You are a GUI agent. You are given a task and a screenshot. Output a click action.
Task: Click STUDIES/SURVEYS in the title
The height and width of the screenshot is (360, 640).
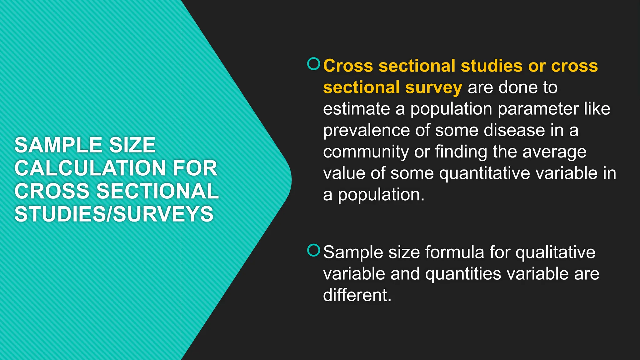[114, 214]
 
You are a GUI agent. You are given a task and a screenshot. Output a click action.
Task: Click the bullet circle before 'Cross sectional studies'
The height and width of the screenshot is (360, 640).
[314, 64]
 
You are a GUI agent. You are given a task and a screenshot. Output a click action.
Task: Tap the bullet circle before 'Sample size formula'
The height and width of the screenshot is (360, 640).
[314, 250]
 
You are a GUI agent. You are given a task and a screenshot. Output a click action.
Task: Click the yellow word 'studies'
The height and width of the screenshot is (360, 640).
[492, 66]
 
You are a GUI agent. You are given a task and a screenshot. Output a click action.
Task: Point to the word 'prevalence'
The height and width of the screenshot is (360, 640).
[366, 130]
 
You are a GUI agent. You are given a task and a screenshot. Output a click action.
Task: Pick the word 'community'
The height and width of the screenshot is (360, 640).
[366, 152]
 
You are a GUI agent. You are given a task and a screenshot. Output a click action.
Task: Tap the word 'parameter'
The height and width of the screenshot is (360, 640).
[538, 109]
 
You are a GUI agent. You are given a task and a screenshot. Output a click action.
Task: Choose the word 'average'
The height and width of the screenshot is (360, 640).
[554, 152]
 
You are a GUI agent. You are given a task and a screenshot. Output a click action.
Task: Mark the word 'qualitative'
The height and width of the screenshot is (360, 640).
[555, 252]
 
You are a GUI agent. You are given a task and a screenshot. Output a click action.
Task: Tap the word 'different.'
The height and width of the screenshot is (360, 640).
[357, 295]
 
